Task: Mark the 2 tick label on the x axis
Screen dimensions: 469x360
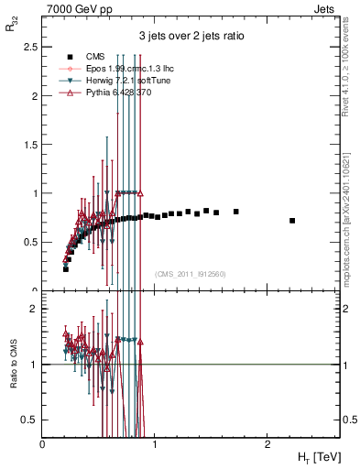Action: [x=267, y=442]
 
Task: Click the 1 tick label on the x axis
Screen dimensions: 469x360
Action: [x=155, y=442]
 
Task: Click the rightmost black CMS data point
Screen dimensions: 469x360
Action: [x=292, y=221]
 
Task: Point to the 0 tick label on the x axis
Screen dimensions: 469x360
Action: [x=43, y=442]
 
